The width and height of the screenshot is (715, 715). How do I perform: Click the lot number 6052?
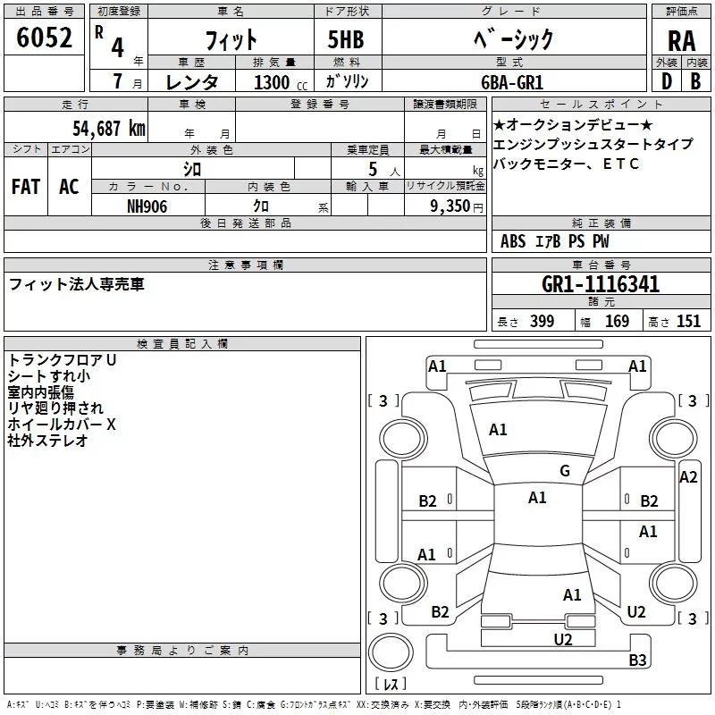click(45, 38)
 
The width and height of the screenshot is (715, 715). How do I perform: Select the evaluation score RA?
click(681, 40)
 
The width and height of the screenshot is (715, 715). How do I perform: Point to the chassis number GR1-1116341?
click(601, 285)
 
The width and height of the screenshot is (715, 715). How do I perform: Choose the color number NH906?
click(147, 206)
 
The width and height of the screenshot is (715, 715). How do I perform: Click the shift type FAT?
click(25, 187)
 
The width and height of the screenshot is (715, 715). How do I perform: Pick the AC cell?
click(69, 187)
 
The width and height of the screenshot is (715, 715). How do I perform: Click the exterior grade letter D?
click(666, 81)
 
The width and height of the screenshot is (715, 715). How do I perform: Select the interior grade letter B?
click(695, 81)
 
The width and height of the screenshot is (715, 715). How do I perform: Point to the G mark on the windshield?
click(565, 471)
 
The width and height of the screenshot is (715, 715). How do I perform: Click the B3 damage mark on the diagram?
click(637, 660)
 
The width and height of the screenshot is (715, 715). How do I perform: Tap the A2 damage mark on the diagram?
click(688, 477)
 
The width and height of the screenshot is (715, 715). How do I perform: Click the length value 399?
click(541, 322)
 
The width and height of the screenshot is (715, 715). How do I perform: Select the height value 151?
click(688, 322)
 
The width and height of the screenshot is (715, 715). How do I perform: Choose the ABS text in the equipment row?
click(513, 241)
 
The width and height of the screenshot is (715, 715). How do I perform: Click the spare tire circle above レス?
click(390, 652)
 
